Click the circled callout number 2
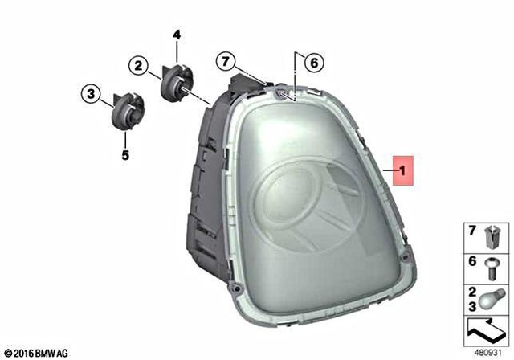[x=138, y=67]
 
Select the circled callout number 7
[x=226, y=61]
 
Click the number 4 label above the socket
[x=177, y=35]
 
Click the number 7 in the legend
[x=472, y=231]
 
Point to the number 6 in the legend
[x=472, y=261]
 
